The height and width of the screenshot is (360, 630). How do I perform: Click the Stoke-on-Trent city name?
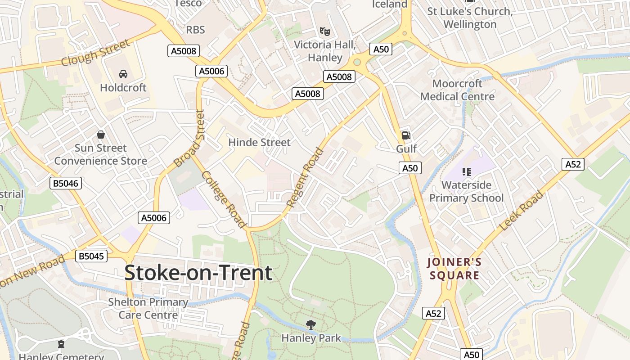pyautogui.click(x=198, y=273)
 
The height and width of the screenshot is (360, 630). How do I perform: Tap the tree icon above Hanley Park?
pyautogui.click(x=310, y=324)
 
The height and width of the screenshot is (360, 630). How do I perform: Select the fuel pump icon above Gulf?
pyautogui.click(x=406, y=135)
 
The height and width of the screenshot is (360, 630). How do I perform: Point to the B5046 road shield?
pyautogui.click(x=66, y=183)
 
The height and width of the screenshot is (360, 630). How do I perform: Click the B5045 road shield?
pyautogui.click(x=91, y=256)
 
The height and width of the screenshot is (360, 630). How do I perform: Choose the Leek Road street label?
pyautogui.click(x=522, y=210)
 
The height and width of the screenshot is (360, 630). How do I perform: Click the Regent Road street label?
pyautogui.click(x=306, y=177)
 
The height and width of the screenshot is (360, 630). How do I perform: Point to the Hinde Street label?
pyautogui.click(x=260, y=142)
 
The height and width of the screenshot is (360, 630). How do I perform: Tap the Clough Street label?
pyautogui.click(x=95, y=53)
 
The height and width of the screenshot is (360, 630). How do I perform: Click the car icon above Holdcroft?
pyautogui.click(x=123, y=74)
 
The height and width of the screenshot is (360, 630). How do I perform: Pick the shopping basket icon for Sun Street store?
pyautogui.click(x=101, y=135)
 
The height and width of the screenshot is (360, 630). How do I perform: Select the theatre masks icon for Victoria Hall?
pyautogui.click(x=324, y=31)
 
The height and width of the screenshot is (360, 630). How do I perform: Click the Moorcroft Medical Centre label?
pyautogui.click(x=457, y=90)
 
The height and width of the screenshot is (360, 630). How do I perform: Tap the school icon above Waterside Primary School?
pyautogui.click(x=466, y=171)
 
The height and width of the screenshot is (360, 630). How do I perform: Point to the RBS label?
pyautogui.click(x=195, y=30)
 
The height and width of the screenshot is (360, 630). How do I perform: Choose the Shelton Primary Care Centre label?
pyautogui.click(x=148, y=308)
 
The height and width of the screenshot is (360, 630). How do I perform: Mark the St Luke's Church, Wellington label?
pyautogui.click(x=470, y=18)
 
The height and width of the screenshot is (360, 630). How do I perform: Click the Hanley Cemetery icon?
pyautogui.click(x=61, y=345)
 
